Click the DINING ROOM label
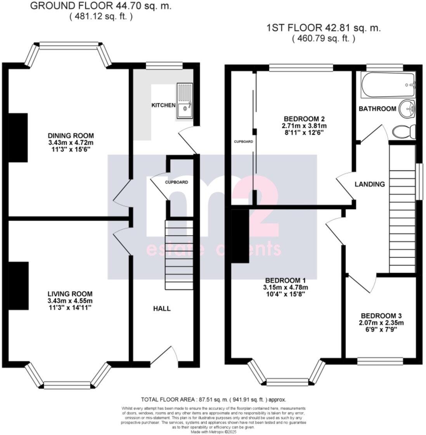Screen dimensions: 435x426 pyautogui.click(x=71, y=136)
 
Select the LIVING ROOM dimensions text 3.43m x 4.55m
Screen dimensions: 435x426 pyautogui.click(x=70, y=301)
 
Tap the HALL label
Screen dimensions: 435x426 pyautogui.click(x=162, y=309)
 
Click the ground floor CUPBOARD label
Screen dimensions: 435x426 pyautogui.click(x=177, y=182)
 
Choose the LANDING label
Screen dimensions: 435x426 pyautogui.click(x=370, y=184)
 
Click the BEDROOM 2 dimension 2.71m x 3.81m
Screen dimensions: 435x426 pyautogui.click(x=304, y=126)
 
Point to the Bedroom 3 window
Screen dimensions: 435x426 pyautogui.click(x=380, y=361)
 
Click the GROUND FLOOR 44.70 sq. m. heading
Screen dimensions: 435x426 pyautogui.click(x=100, y=6)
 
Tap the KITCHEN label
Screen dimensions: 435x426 pyautogui.click(x=163, y=105)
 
